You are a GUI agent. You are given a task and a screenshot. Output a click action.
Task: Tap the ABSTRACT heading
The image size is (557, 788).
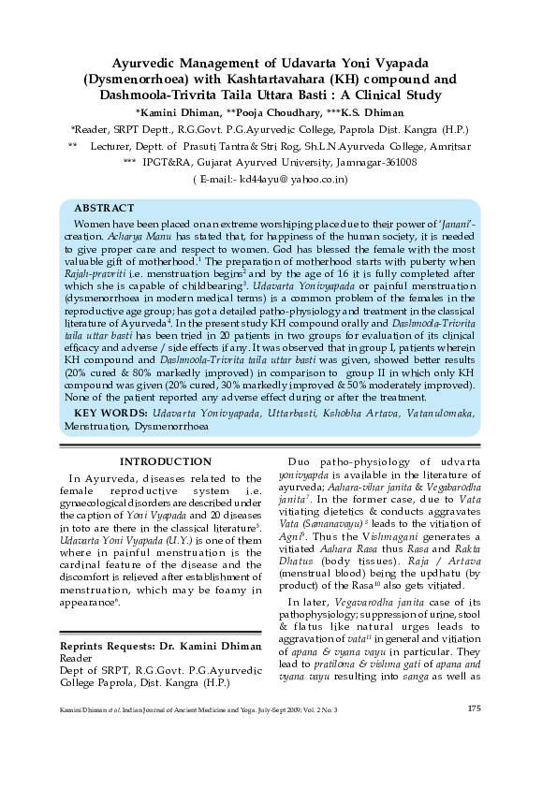point(105,208)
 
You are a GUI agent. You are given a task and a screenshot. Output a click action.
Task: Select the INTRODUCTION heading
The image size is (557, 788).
point(166,461)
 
